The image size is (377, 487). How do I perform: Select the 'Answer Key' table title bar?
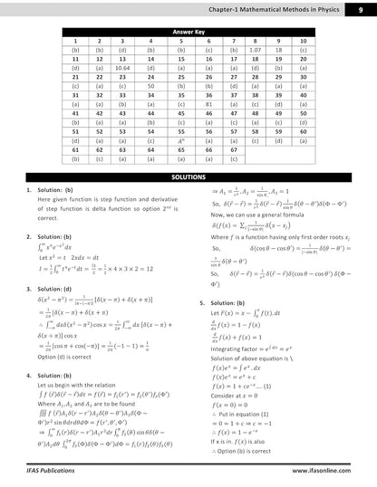[188, 31]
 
